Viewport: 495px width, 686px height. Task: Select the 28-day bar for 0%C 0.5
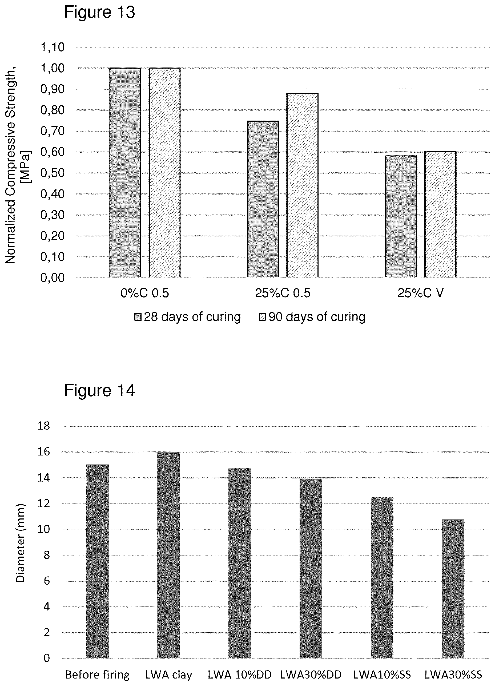(x=125, y=173)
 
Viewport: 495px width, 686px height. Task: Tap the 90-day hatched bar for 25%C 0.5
(x=303, y=185)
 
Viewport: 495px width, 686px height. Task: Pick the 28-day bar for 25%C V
(x=401, y=217)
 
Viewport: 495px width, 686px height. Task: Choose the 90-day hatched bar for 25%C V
(x=440, y=214)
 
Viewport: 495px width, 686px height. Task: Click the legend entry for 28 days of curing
(x=187, y=317)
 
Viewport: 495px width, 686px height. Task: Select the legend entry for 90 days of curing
(x=312, y=317)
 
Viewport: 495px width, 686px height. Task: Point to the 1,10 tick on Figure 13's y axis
(x=53, y=47)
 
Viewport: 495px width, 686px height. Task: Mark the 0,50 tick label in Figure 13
(x=53, y=173)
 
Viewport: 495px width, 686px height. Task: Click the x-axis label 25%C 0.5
(x=283, y=293)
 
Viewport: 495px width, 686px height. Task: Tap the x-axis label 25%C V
(x=421, y=293)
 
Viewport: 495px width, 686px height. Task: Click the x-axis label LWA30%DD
(x=311, y=675)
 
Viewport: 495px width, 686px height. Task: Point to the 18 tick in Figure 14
(x=43, y=426)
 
